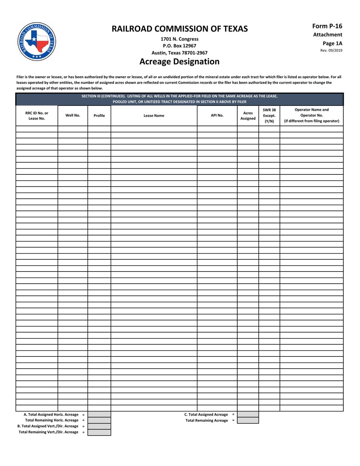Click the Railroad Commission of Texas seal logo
[x=36, y=42]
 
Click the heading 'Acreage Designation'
[x=179, y=61]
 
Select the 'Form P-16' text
[x=327, y=26]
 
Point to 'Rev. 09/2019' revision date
[x=331, y=50]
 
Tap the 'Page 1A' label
[x=332, y=43]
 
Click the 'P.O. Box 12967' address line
[x=179, y=46]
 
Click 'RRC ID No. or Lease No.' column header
[x=37, y=116]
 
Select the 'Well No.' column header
[x=73, y=116]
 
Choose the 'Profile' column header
[x=99, y=116]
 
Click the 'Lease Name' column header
[x=154, y=116]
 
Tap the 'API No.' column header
[x=217, y=116]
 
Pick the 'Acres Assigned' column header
[x=248, y=116]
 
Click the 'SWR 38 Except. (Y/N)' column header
[x=269, y=116]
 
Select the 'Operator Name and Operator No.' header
[x=311, y=116]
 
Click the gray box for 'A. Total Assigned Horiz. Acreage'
[x=99, y=414]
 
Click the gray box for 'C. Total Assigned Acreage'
[x=248, y=414]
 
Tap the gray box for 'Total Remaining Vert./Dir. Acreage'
[x=99, y=432]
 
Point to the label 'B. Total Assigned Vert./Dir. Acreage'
[x=49, y=426]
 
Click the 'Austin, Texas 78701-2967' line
[x=179, y=53]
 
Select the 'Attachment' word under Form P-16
[x=327, y=35]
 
